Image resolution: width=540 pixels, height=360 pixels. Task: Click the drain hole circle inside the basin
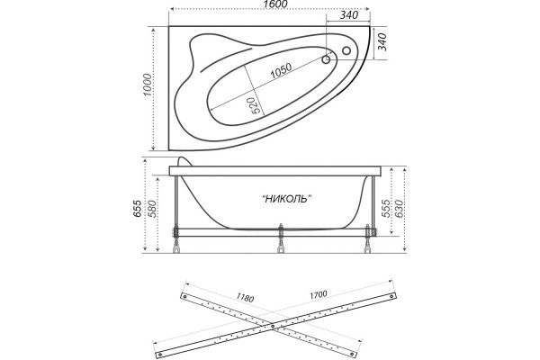click(x=326, y=60)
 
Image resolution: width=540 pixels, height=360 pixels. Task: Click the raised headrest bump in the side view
click(x=186, y=162)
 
